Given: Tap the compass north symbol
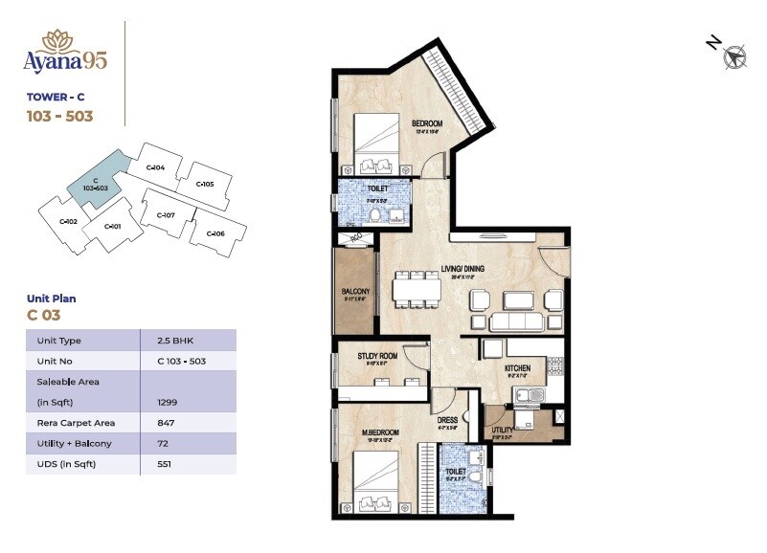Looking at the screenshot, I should coord(735,57).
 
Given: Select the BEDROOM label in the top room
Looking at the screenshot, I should coord(427,123).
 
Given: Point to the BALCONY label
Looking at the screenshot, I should coord(356,292).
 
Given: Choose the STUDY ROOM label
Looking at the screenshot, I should coord(376,356).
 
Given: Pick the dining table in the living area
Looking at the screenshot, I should coord(416,291).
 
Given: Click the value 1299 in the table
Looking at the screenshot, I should coord(169,403).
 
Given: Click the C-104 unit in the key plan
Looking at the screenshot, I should coord(156,168).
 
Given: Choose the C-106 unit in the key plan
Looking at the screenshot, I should coord(215,233).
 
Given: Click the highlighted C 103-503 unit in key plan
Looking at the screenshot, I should coord(94,185).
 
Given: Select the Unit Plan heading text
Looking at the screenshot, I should coord(52,299).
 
